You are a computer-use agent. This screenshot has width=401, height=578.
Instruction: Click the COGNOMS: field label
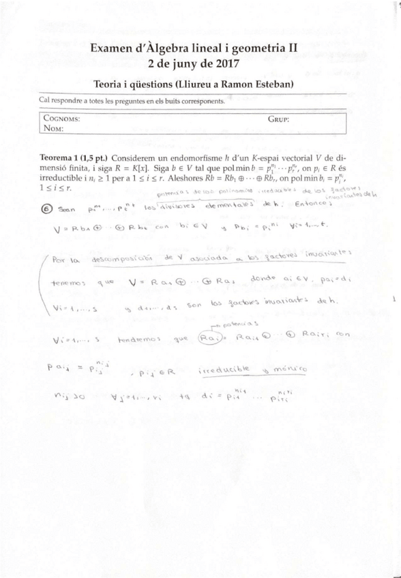(x=61, y=118)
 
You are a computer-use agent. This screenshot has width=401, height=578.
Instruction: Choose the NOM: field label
(x=53, y=127)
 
